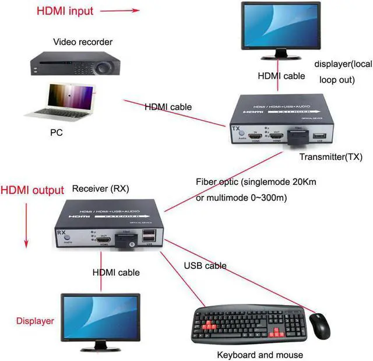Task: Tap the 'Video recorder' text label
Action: (x=83, y=42)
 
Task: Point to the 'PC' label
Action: (x=56, y=133)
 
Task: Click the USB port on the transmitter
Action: (x=319, y=137)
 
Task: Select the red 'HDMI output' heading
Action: (x=32, y=190)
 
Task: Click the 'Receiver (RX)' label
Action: (x=100, y=189)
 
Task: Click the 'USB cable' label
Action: (x=205, y=266)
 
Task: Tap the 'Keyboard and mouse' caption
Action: (x=259, y=354)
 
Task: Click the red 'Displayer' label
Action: (x=35, y=321)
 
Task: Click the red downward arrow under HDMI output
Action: (x=25, y=227)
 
